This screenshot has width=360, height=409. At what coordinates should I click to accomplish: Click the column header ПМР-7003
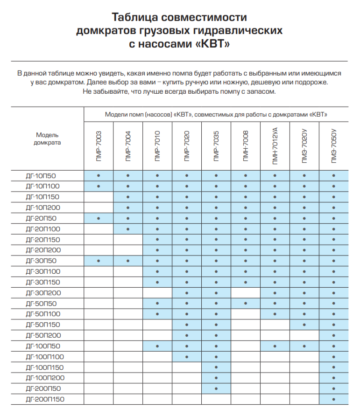click(x=99, y=146)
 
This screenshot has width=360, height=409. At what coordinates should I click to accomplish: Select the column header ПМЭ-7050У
click(x=333, y=146)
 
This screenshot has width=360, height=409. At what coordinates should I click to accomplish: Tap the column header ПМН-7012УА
click(x=275, y=146)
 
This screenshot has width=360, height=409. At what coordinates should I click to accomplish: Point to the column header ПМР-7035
click(x=216, y=146)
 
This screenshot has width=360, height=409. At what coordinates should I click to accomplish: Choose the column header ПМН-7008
click(x=246, y=146)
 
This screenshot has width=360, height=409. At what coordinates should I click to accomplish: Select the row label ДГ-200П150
click(x=45, y=399)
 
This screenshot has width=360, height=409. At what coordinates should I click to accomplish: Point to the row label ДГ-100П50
click(x=43, y=346)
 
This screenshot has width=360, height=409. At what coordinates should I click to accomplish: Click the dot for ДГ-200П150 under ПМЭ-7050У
click(x=333, y=399)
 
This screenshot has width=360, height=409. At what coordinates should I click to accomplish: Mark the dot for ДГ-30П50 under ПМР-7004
click(x=127, y=261)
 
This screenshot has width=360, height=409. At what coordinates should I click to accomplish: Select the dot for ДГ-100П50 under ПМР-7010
click(x=157, y=346)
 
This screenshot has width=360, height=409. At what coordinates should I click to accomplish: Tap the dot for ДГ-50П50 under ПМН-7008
click(x=246, y=304)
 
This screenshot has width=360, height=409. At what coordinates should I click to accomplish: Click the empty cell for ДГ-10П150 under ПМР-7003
click(x=99, y=197)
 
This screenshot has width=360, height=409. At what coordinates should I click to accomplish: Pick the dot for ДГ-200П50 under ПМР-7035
click(x=216, y=388)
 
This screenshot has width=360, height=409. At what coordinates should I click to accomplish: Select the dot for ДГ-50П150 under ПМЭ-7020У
click(x=304, y=325)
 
